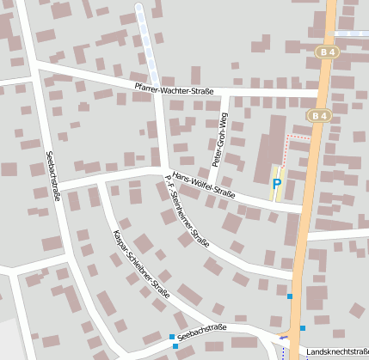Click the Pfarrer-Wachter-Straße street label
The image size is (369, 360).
tap(174, 88)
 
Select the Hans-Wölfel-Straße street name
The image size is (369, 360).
tap(203, 183)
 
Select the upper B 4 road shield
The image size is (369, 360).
tap(325, 52)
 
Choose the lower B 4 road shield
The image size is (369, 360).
tap(317, 115)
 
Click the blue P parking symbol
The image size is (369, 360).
tap(276, 183)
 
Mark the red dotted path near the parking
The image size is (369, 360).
tap(298, 137)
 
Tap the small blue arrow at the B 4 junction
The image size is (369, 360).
tap(284, 338)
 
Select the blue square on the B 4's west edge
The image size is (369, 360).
tap(290, 296)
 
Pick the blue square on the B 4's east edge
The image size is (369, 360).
tap(303, 328)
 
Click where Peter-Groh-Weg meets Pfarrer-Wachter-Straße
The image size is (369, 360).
tap(225, 90)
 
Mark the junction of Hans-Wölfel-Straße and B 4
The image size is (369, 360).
tap(302, 209)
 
